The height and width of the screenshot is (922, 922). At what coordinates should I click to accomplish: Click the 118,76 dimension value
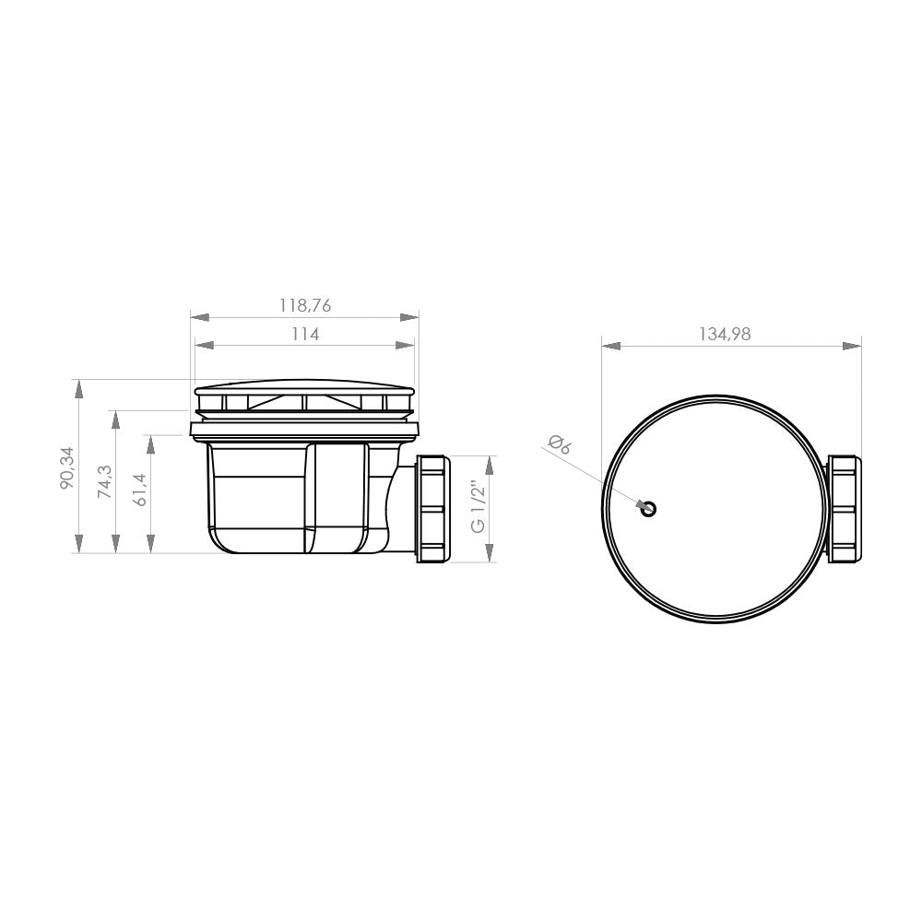coord(304,304)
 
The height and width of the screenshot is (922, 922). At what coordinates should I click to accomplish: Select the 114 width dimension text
coord(304,335)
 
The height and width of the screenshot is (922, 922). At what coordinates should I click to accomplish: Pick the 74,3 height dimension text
coord(103,481)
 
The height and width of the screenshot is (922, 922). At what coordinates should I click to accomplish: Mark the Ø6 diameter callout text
coord(560,447)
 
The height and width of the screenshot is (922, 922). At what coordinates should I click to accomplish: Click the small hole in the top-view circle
coord(649,509)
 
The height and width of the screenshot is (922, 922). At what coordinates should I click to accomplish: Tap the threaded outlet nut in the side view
coord(432,508)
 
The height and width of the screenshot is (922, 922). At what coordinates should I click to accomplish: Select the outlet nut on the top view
coord(844,508)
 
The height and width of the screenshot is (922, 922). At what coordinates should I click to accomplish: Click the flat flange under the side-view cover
coord(304,429)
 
